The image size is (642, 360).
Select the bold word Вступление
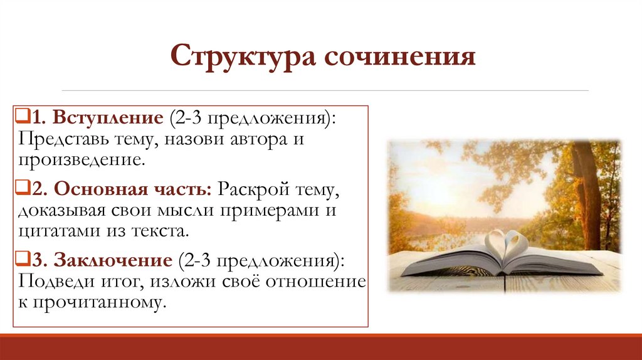(108, 118)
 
